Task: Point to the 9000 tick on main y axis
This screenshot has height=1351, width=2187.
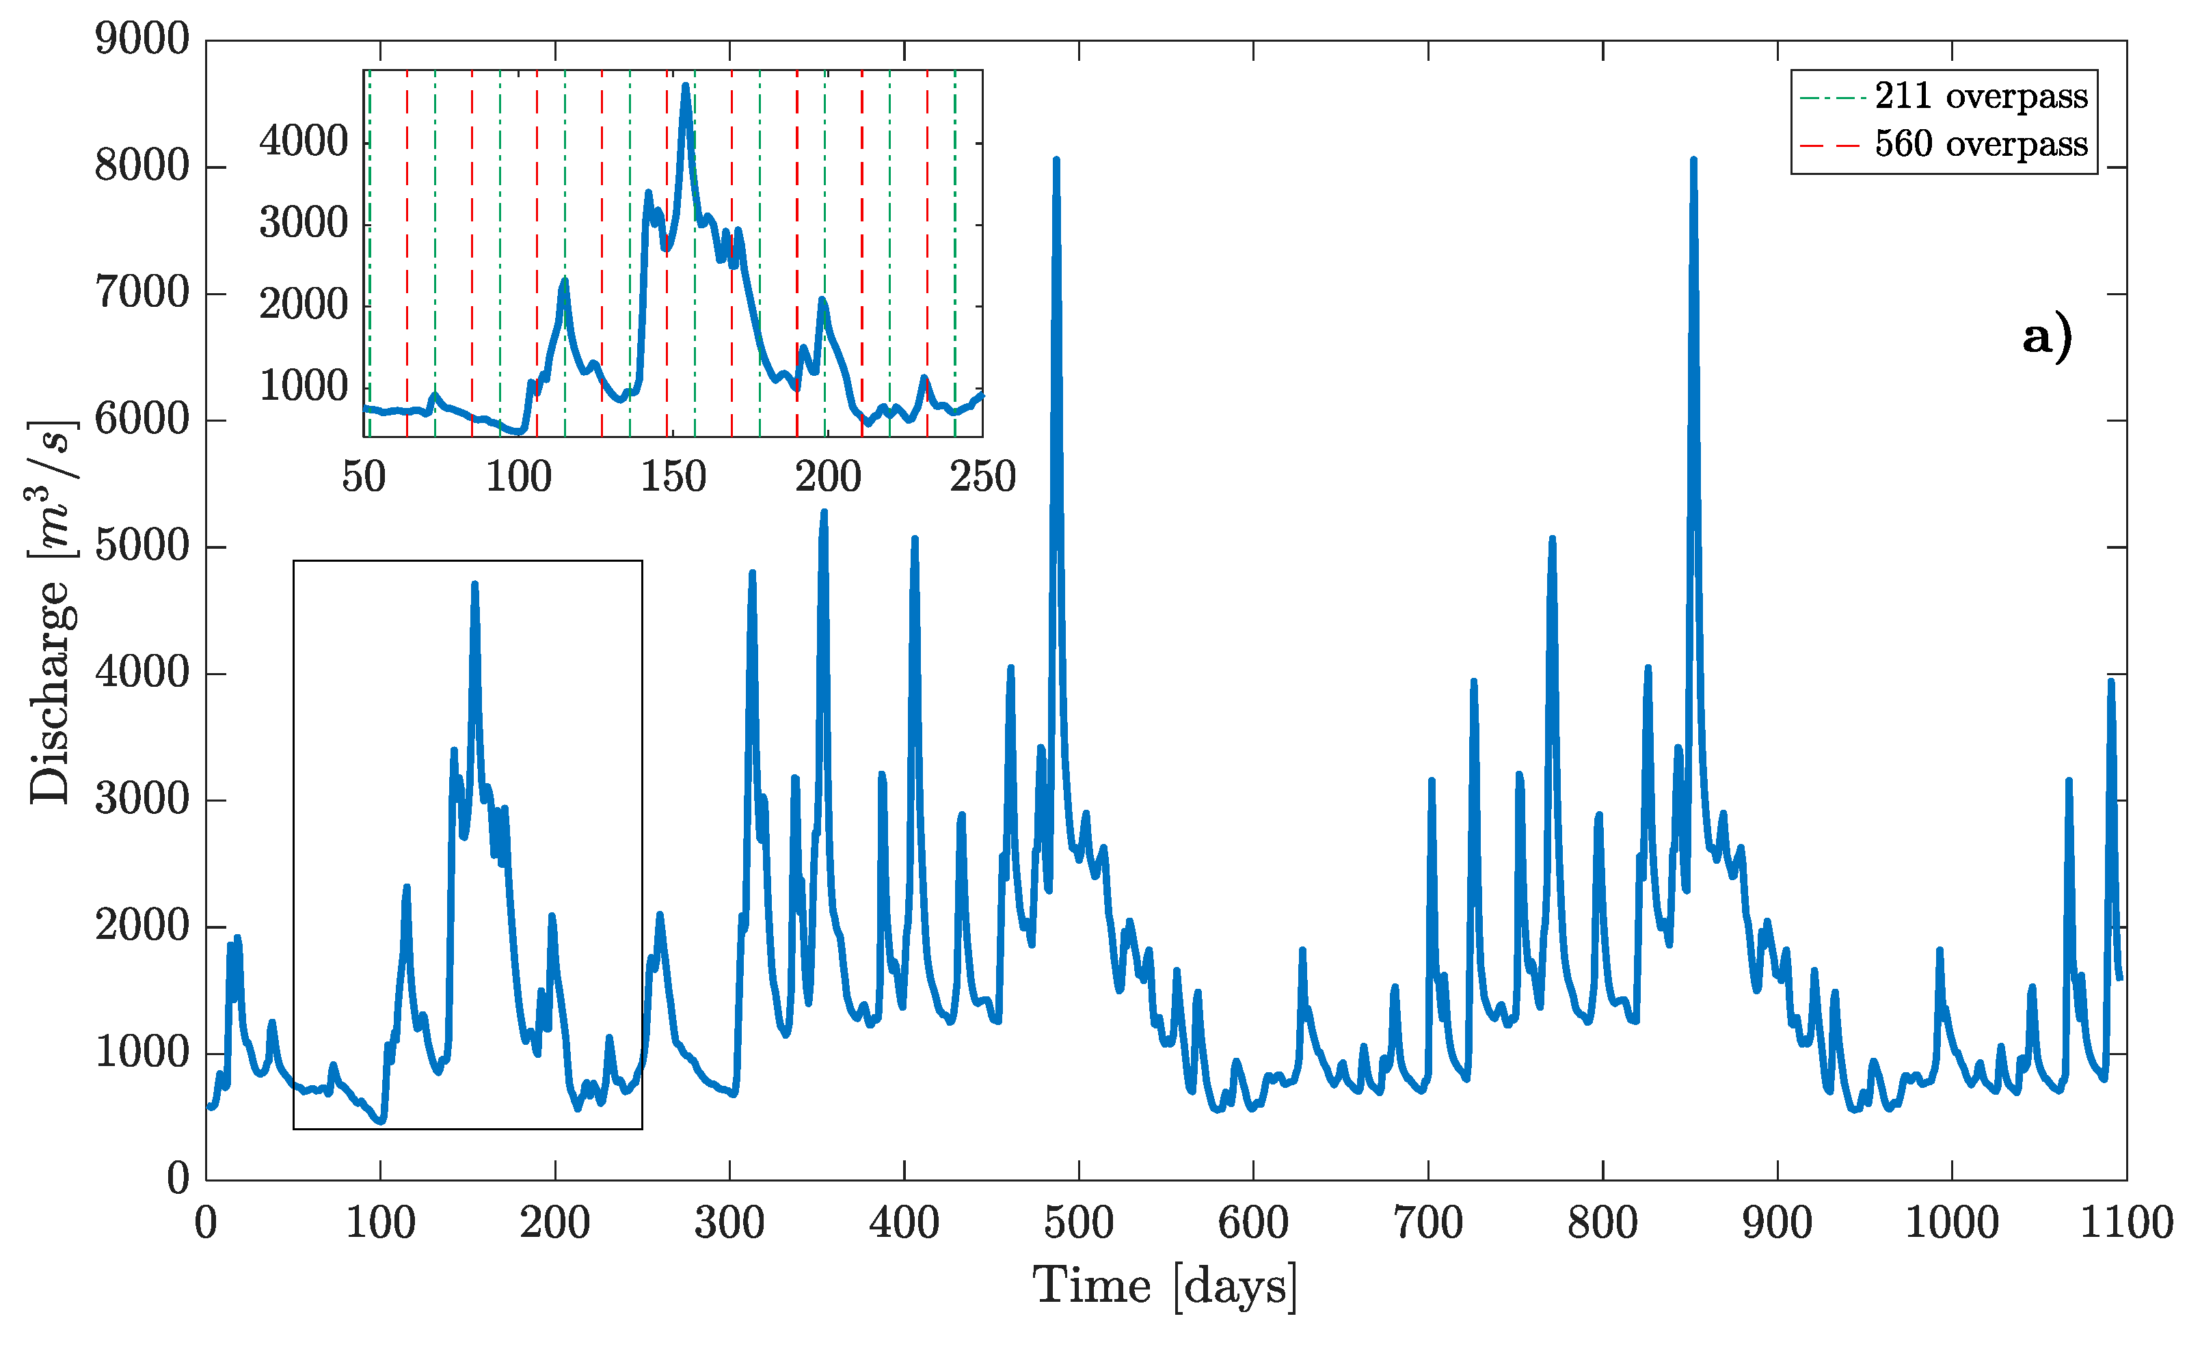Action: (142, 40)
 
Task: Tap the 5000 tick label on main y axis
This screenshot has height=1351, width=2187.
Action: (142, 546)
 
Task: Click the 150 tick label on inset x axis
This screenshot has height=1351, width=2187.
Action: (673, 476)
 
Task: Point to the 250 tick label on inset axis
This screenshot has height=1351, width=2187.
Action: (982, 476)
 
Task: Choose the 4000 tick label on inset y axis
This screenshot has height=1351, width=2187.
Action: (303, 141)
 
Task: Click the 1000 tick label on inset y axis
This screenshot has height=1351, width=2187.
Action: (303, 386)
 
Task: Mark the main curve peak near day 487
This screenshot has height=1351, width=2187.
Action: (1056, 161)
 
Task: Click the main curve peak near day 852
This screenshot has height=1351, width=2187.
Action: (1693, 161)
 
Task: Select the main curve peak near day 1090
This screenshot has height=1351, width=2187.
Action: (2111, 682)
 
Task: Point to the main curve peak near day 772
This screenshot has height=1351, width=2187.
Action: (1553, 538)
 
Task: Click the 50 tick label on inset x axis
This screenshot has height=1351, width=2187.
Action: (364, 476)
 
